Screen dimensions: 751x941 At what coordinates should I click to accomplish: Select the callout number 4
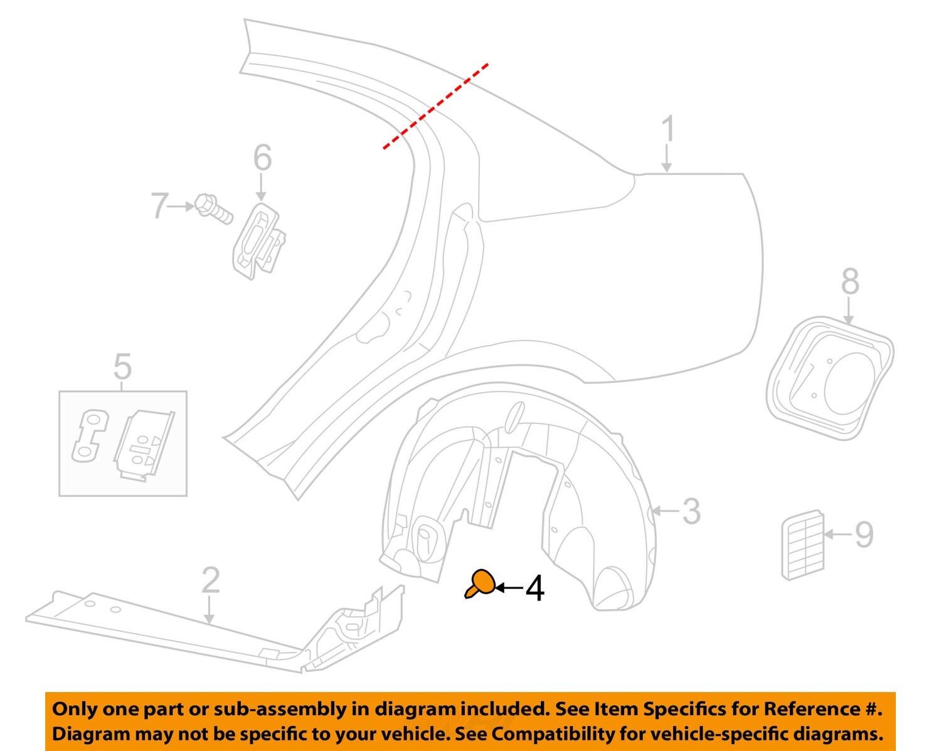(x=534, y=589)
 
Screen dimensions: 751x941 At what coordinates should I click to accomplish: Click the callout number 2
(x=211, y=580)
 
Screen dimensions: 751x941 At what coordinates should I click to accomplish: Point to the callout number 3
(x=691, y=511)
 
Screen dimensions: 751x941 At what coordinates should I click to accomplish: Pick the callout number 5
(x=122, y=367)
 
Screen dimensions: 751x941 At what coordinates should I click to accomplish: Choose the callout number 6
(x=262, y=157)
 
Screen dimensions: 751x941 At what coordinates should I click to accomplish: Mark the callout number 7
(x=159, y=206)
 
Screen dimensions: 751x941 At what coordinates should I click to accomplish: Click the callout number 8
(x=850, y=282)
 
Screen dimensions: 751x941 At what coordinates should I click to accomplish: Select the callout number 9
(x=864, y=535)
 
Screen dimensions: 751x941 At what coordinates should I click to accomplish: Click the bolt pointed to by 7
(x=213, y=209)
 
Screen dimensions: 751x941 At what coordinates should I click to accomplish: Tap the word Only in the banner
(x=74, y=709)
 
